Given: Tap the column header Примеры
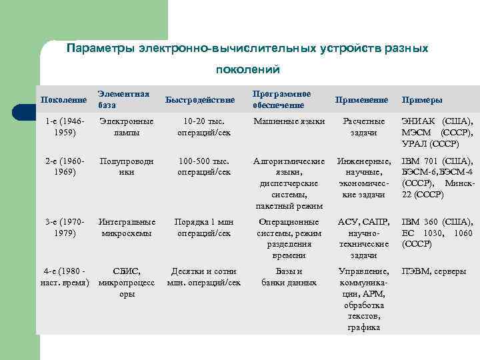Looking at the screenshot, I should pyautogui.click(x=421, y=100).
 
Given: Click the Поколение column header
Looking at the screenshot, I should pyautogui.click(x=64, y=100).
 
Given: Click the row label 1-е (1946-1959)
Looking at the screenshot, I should pyautogui.click(x=64, y=127).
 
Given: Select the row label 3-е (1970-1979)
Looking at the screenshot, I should pyautogui.click(x=64, y=227).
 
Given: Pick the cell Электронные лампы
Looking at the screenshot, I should pyautogui.click(x=126, y=127).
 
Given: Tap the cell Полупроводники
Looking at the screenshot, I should pyautogui.click(x=126, y=167).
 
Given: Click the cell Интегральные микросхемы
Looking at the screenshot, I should pyautogui.click(x=127, y=227).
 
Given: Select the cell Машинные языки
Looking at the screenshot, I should pyautogui.click(x=289, y=121).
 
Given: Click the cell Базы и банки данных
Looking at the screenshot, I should pyautogui.click(x=289, y=277).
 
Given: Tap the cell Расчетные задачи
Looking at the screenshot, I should pyautogui.click(x=364, y=127).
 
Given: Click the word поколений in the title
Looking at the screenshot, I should pyautogui.click(x=248, y=69).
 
